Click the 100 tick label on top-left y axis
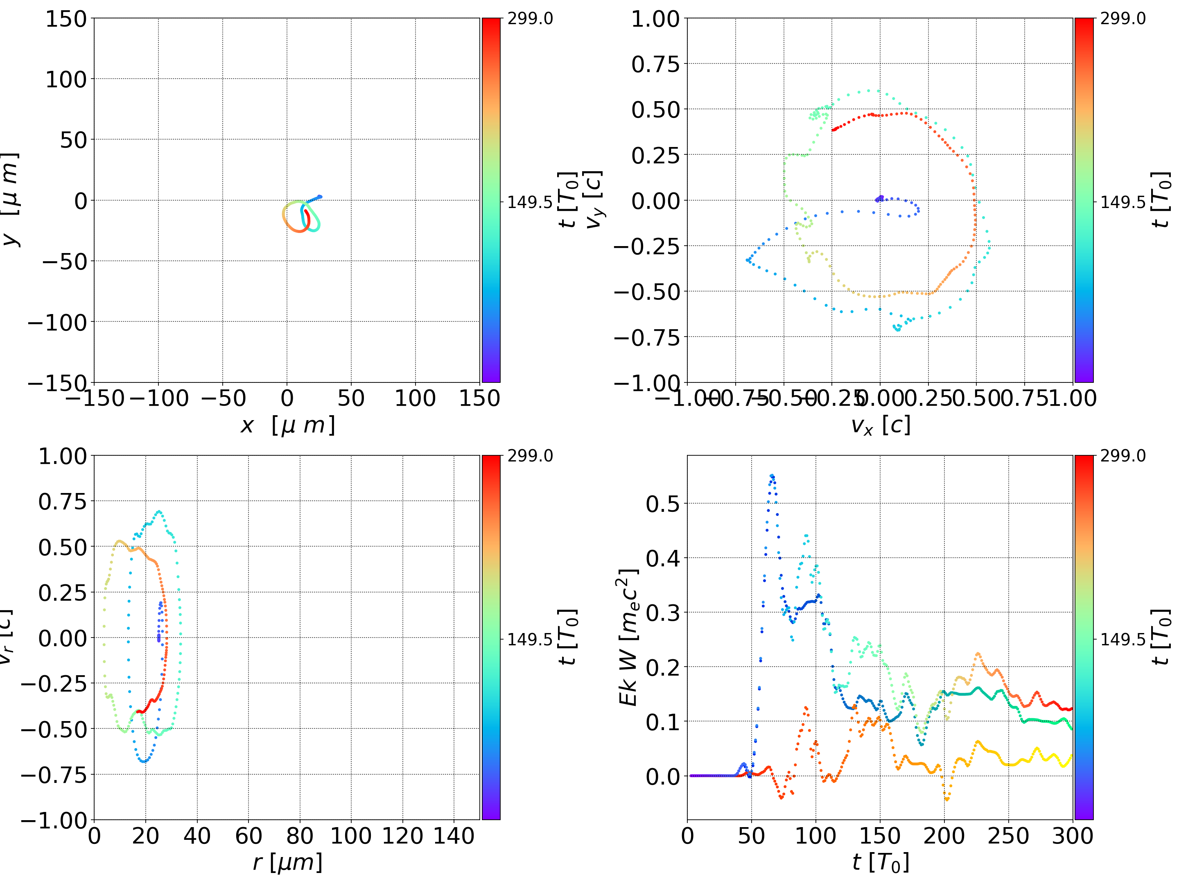pos(65,79)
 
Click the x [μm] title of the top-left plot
pos(287,425)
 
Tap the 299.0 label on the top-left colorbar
pos(530,19)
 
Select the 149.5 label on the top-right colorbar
pos(1123,202)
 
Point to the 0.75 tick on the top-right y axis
pos(655,64)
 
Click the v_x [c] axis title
pos(880,425)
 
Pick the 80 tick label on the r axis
pos(300,836)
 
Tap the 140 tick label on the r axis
pos(454,836)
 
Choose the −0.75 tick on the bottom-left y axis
pos(53,774)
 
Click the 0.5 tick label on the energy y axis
pos(663,503)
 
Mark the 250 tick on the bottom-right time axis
pos(1008,836)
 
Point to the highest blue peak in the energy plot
pos(772,476)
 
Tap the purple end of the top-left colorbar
pos(491,376)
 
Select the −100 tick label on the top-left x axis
pos(159,398)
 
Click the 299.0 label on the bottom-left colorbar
pos(530,456)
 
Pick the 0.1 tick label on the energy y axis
pos(663,722)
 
